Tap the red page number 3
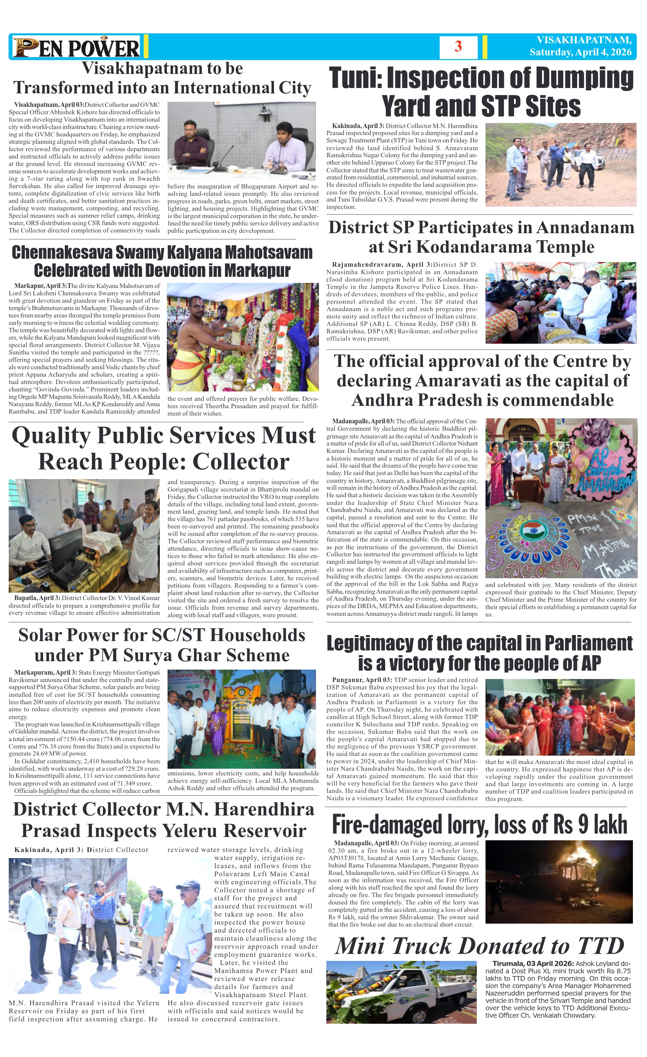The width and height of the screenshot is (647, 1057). click(458, 46)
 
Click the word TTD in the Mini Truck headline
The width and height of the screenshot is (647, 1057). click(601, 946)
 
